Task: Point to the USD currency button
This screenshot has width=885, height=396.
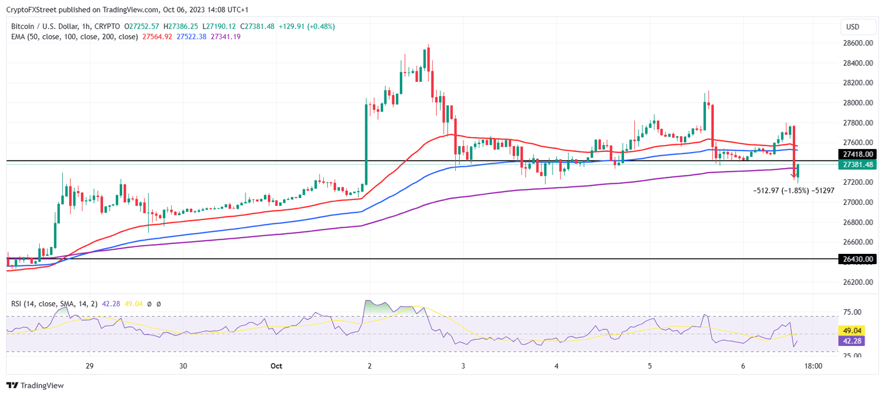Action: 852,26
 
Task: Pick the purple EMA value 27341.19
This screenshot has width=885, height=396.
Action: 226,37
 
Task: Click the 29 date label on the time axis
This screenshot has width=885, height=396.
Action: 89,366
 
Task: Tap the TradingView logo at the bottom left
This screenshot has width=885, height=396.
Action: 35,386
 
